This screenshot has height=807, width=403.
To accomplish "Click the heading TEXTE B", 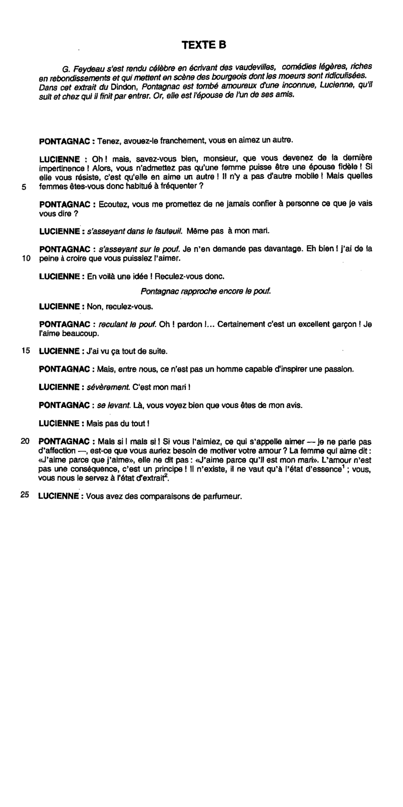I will coord(204,45).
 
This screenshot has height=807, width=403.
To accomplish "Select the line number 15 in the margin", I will coord(26,351).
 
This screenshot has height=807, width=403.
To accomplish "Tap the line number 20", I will coord(25,441).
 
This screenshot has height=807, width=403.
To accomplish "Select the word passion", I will coord(339,369).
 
